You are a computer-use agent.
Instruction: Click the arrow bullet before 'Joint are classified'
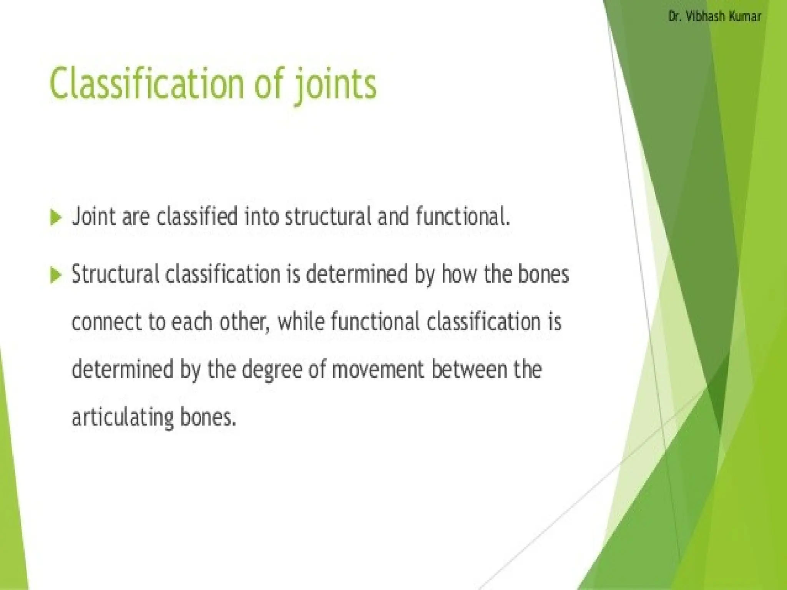56,218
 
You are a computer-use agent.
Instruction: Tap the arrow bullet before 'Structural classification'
56,275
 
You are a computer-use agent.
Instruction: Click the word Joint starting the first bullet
94,216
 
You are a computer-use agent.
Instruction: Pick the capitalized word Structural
115,274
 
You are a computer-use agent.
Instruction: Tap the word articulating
123,417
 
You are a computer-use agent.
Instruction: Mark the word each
191,322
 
